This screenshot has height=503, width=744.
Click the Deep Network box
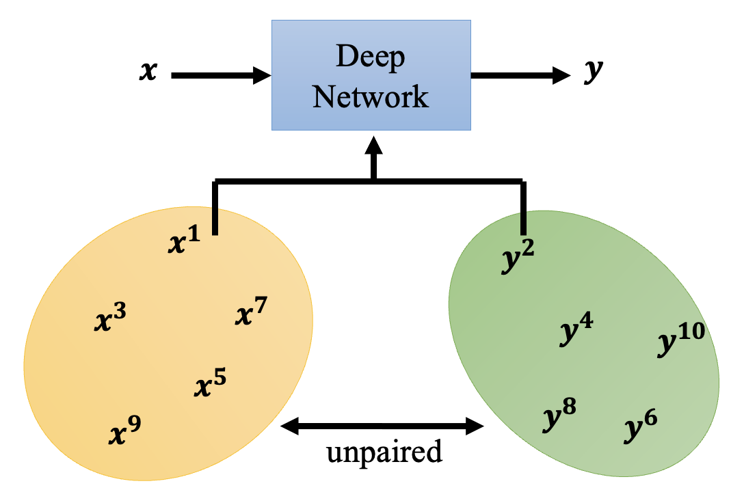(371, 74)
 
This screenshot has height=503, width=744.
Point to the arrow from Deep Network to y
(520, 75)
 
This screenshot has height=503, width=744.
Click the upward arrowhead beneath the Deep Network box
(373, 146)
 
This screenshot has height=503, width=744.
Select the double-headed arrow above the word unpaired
(383, 427)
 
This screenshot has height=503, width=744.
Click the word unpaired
(384, 452)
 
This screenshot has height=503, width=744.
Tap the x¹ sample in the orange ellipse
(185, 241)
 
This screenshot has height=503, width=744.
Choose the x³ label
(109, 318)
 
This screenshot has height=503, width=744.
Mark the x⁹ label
(126, 431)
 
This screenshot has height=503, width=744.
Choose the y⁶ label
(641, 427)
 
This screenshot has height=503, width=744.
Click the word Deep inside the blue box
(371, 58)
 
